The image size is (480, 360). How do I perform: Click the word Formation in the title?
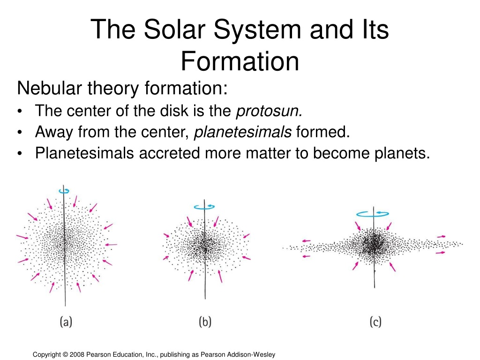pos(240,61)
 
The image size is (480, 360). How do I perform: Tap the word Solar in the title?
pos(175,30)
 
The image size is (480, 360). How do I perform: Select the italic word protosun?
pos(269,111)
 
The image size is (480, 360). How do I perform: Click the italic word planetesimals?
pos(243,132)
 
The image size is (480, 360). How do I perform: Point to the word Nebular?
pos(50,88)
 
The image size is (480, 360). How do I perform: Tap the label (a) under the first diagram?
pos(66,322)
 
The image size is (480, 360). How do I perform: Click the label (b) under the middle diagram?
pos(205,322)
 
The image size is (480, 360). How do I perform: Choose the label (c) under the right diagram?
pos(375,322)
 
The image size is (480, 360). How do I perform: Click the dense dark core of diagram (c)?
pos(374,243)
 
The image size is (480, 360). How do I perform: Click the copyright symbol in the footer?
pos(65,354)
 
